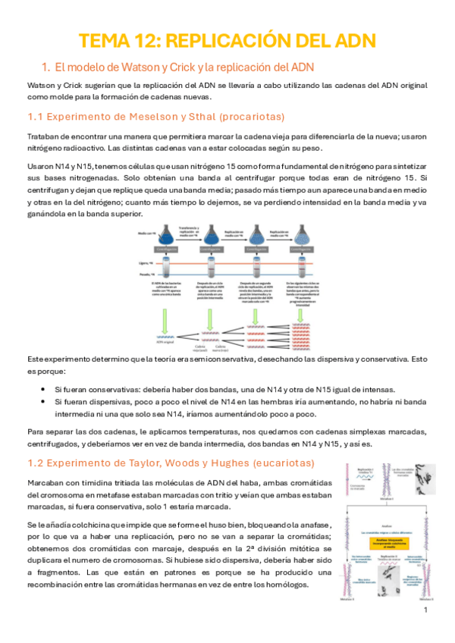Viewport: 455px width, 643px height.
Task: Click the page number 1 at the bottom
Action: pyautogui.click(x=426, y=610)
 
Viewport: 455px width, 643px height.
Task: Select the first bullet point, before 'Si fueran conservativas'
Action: pyautogui.click(x=48, y=388)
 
